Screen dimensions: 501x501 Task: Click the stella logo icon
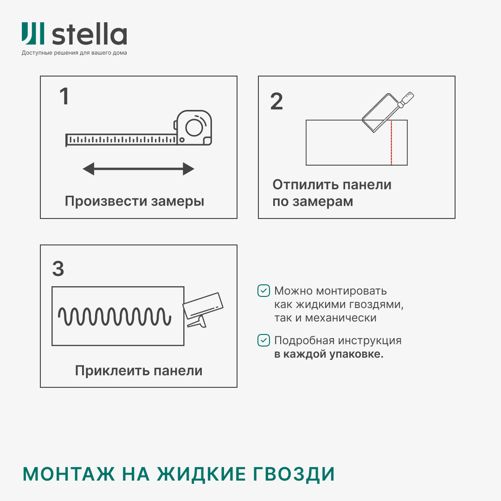(33, 34)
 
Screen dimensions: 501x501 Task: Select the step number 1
(64, 96)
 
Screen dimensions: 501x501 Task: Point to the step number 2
(276, 102)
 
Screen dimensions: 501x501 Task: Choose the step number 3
(58, 269)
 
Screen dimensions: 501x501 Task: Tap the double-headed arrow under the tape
(138, 169)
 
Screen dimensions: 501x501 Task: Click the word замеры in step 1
(178, 201)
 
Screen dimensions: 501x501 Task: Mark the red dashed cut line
(391, 143)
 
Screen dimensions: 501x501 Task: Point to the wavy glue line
(115, 316)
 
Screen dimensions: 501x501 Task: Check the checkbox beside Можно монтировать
(263, 291)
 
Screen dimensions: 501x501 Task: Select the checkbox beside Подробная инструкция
(263, 340)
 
